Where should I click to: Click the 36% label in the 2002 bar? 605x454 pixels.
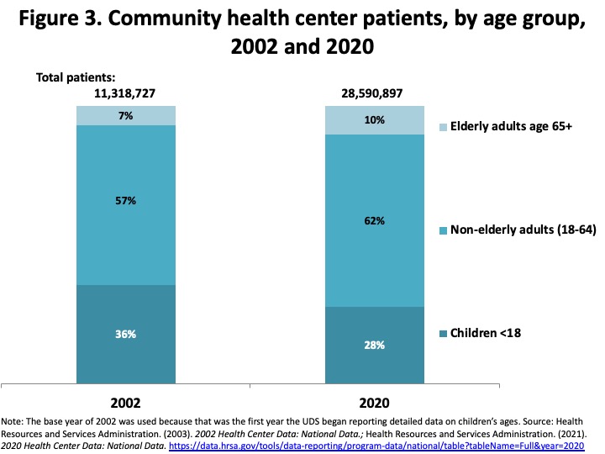tap(126, 334)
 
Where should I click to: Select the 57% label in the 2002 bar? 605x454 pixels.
tap(126, 202)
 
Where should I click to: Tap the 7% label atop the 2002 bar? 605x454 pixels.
tap(126, 116)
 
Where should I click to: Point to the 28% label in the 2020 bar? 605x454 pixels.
tap(375, 346)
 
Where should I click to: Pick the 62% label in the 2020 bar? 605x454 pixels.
tap(375, 221)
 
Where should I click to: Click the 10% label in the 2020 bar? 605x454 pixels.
tap(375, 120)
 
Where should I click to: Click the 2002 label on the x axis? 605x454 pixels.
tap(126, 403)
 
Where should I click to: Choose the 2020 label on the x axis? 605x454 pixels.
tap(375, 403)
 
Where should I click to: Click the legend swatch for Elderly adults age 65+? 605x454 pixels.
tap(445, 127)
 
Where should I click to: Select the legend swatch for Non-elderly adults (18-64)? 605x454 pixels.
tap(445, 230)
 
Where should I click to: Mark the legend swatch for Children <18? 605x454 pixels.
tap(445, 334)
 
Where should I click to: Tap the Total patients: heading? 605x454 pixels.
tap(75, 77)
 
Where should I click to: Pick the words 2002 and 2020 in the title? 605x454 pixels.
tap(302, 48)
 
